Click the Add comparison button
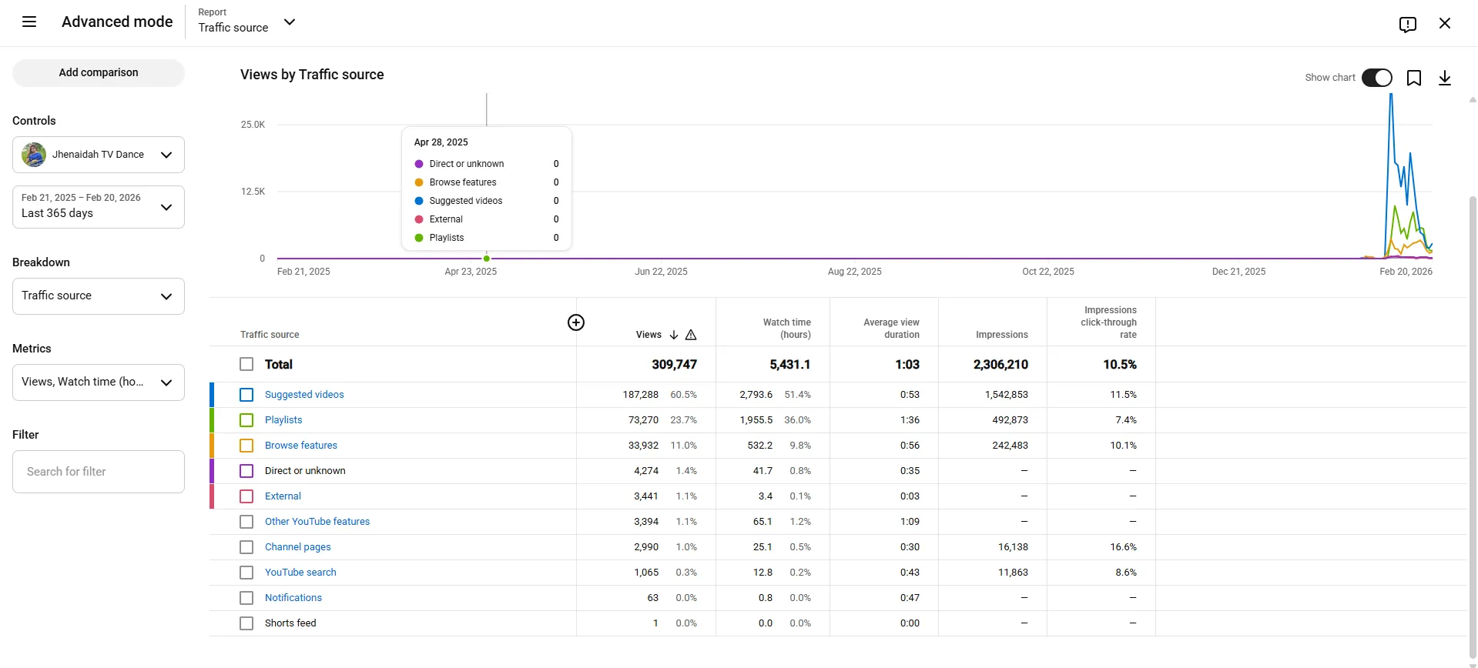click(x=99, y=72)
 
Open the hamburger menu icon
click(x=29, y=22)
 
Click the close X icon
click(x=1445, y=23)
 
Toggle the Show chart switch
click(x=1377, y=78)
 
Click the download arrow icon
click(x=1445, y=78)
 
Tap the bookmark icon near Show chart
click(x=1414, y=78)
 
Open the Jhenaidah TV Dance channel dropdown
click(x=99, y=155)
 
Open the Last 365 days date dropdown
click(x=99, y=207)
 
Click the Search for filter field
click(x=99, y=472)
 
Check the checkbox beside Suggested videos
click(x=246, y=395)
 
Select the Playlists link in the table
click(x=283, y=420)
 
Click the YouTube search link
click(x=300, y=573)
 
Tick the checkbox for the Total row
click(x=246, y=364)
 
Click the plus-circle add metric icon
click(x=576, y=322)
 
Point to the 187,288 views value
click(x=641, y=395)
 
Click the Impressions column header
click(x=1001, y=335)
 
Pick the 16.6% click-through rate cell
click(x=1123, y=547)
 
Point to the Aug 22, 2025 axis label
click(x=855, y=272)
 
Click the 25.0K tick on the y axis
click(x=253, y=125)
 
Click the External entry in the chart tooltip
click(x=446, y=219)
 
